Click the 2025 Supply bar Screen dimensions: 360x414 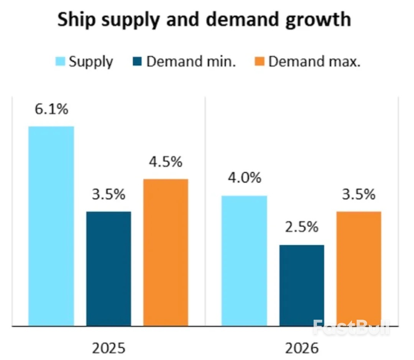51,226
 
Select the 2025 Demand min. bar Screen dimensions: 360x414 108,268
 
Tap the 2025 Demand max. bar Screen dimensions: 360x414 166,252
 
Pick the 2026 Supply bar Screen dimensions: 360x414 244,261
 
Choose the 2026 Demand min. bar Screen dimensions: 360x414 302,285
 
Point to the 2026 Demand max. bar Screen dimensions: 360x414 359,268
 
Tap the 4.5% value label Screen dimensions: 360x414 166,162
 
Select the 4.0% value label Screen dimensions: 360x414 244,178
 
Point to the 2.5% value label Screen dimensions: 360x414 302,227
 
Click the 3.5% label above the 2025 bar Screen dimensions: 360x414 108,195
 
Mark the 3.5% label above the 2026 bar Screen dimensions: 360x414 359,195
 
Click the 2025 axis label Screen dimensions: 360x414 109,348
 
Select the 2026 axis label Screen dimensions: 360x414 302,348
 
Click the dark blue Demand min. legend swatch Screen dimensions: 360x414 139,61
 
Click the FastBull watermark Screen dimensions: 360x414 351,327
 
